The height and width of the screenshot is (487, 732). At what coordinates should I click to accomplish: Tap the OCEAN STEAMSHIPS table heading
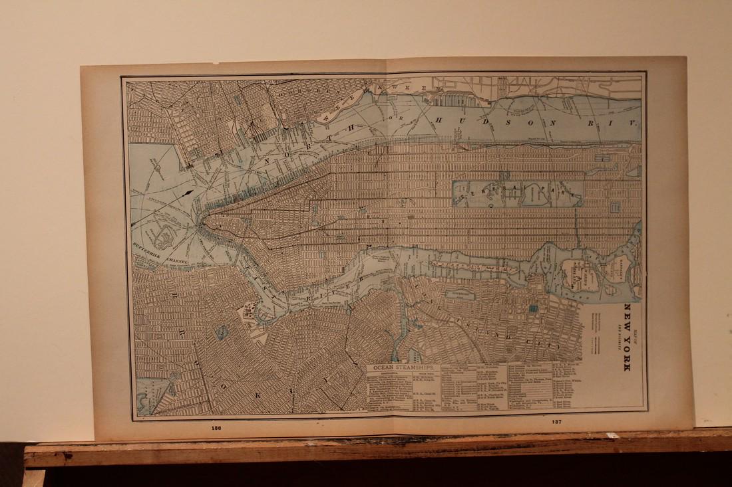(x=405, y=367)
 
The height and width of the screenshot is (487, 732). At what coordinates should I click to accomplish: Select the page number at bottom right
(x=556, y=422)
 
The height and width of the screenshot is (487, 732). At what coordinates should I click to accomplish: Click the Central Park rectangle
(x=517, y=193)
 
